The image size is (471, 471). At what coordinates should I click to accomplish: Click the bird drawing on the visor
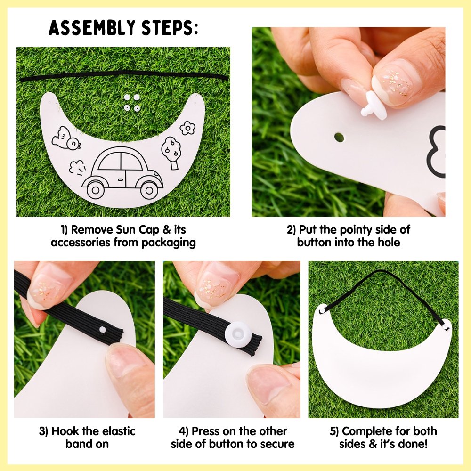click(66, 139)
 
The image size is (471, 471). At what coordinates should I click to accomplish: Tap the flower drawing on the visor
click(188, 128)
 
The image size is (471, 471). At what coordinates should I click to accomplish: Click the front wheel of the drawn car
click(148, 189)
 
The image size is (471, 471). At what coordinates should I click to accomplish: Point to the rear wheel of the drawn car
click(96, 189)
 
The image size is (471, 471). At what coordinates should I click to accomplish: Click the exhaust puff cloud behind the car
click(77, 168)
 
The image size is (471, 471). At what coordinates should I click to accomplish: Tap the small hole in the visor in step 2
click(339, 137)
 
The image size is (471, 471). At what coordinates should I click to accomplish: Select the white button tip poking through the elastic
click(103, 330)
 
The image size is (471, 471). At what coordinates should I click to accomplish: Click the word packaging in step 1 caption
click(169, 243)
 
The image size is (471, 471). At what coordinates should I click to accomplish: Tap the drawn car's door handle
click(120, 179)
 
